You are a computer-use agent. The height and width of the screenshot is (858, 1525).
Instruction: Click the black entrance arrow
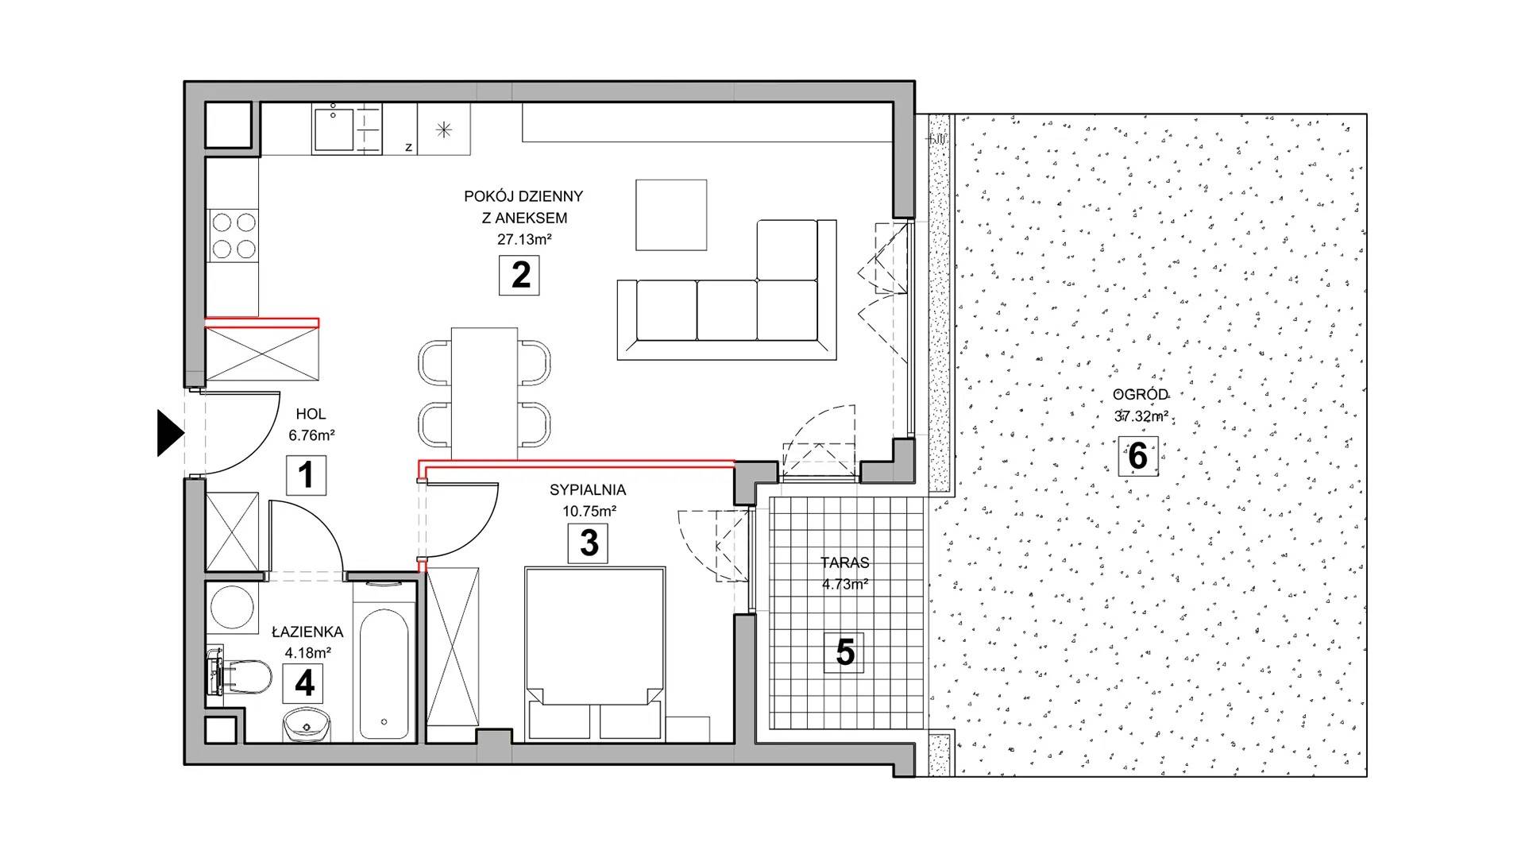169,434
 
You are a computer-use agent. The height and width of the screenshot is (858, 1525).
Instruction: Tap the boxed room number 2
520,275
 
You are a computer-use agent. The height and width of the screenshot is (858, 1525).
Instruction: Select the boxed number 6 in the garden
1137,457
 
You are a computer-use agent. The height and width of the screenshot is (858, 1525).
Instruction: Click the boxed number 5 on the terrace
845,652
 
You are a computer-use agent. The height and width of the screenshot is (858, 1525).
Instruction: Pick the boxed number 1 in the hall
306,475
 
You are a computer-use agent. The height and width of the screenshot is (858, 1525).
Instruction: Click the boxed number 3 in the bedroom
589,543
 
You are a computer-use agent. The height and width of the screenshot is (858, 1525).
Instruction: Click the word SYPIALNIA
588,490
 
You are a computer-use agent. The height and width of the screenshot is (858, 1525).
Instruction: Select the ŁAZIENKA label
307,632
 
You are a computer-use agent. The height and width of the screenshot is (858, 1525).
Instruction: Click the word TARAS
845,562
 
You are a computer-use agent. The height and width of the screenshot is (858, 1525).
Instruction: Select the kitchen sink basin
336,129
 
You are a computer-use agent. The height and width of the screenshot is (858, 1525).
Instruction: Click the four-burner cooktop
234,235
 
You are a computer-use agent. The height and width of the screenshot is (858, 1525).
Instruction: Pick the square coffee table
671,215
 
